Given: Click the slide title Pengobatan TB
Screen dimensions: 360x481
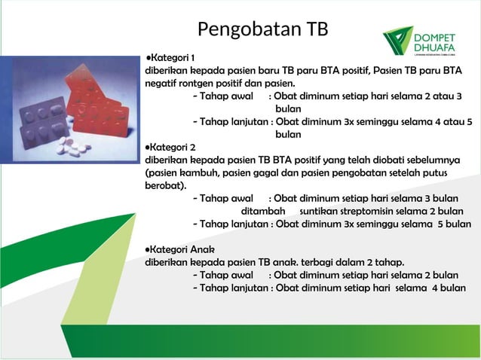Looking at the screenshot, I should click(262, 29).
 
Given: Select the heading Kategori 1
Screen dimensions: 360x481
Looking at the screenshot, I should click(173, 58).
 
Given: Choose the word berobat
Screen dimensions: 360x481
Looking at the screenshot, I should click(165, 185).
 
